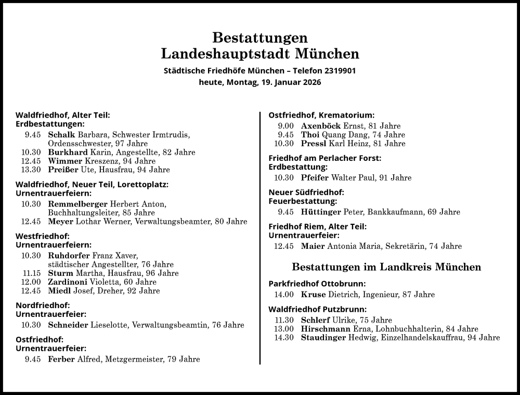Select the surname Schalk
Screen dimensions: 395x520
[61, 135]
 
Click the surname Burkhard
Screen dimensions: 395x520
[68, 152]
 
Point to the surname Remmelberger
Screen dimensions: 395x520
[77, 204]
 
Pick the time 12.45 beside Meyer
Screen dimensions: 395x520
[31, 222]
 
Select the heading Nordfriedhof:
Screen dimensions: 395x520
[43, 305]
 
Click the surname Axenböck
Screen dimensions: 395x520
[321, 126]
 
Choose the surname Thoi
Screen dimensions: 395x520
[310, 135]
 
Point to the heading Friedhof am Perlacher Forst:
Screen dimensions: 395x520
[325, 158]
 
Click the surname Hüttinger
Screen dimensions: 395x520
[321, 212]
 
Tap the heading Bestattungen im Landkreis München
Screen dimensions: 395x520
[386, 267]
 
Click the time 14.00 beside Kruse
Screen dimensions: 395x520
[284, 295]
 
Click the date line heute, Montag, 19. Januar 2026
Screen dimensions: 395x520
[260, 82]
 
